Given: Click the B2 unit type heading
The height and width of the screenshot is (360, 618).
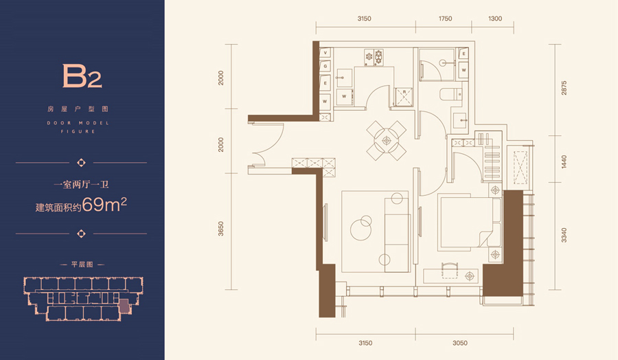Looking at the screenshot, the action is tap(82, 76).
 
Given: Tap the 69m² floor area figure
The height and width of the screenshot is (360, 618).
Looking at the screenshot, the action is tap(104, 205).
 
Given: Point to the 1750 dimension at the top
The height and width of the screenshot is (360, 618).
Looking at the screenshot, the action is tap(445, 19).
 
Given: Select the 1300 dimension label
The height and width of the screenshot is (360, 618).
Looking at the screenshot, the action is tap(495, 19).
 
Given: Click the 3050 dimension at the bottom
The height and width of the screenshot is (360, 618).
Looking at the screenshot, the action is tap(459, 343).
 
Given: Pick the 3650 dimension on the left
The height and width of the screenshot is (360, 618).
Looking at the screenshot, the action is tap(220, 229).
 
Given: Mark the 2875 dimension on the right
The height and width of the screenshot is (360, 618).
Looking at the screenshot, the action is tap(564, 87).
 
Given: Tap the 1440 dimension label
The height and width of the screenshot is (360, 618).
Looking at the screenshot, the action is tap(564, 161).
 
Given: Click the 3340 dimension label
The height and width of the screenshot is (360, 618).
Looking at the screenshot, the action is tap(564, 235).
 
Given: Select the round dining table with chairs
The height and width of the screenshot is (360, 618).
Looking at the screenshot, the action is tap(386, 140).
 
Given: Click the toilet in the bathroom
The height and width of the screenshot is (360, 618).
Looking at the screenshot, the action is tap(450, 94).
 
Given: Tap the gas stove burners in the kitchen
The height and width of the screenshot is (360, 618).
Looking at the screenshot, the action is tap(374, 58).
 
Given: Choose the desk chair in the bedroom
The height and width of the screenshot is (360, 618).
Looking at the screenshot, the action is tap(449, 271).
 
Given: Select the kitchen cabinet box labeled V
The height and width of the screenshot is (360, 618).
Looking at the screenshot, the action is tap(325, 53).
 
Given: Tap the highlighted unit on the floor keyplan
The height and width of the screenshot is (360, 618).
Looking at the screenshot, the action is tap(124, 306).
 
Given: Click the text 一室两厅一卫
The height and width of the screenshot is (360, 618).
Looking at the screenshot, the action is tap(81, 184).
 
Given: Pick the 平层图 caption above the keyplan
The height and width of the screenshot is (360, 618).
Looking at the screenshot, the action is tap(82, 265).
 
